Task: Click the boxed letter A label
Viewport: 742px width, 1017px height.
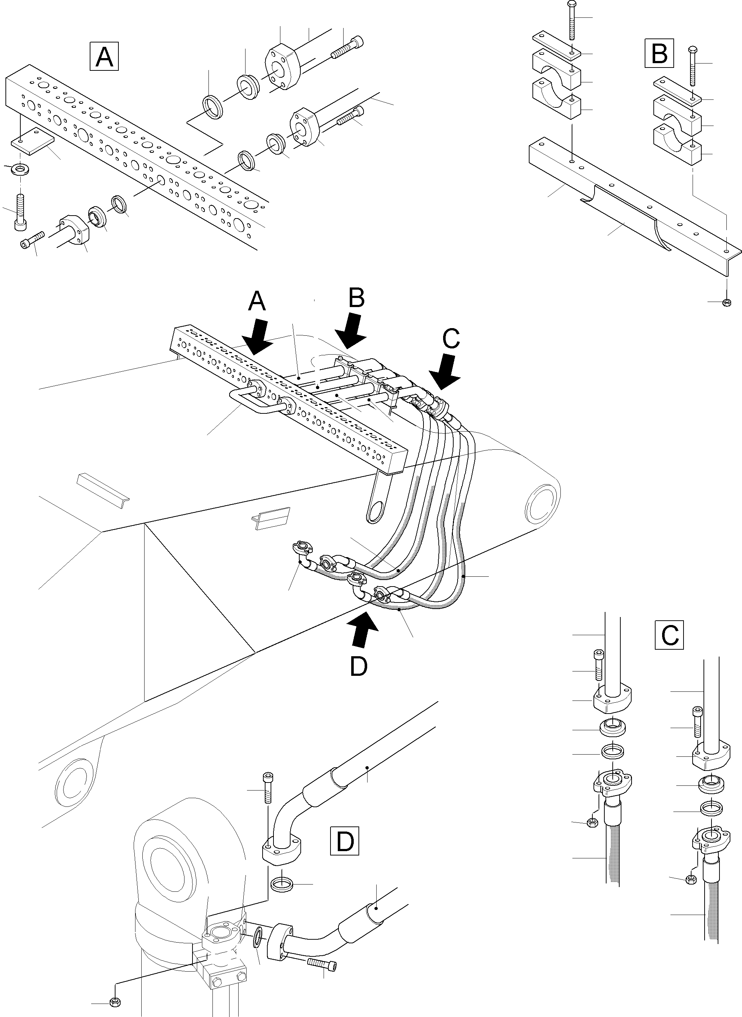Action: [x=104, y=56]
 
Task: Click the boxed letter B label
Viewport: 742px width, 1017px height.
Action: [x=659, y=53]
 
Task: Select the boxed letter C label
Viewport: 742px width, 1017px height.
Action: [x=669, y=634]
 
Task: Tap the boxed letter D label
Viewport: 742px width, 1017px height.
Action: [x=345, y=841]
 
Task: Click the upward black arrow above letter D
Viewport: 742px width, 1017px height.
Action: [x=362, y=630]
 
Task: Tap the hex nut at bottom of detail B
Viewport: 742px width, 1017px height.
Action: [x=726, y=302]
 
